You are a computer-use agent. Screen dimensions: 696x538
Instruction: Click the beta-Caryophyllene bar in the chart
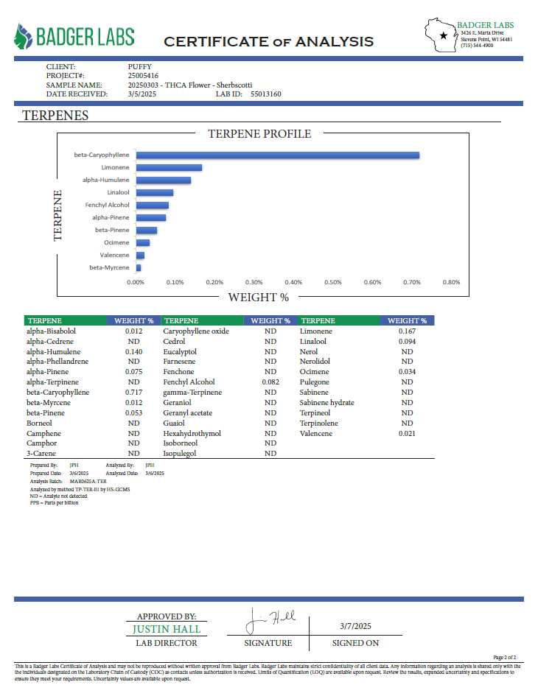277,155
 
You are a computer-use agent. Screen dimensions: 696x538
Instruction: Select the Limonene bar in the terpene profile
169,168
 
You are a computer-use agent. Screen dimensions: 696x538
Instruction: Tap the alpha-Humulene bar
163,180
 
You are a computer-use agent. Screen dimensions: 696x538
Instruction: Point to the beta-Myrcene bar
139,268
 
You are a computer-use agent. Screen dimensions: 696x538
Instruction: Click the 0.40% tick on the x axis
293,282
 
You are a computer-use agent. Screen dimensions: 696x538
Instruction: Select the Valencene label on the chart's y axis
114,255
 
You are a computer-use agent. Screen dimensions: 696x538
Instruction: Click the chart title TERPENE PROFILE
259,134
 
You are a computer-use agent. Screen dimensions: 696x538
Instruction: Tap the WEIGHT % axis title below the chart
258,298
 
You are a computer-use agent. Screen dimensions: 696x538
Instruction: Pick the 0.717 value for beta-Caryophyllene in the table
133,393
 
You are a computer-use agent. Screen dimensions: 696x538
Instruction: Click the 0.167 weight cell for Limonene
407,331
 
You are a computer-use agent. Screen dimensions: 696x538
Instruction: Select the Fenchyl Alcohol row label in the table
189,382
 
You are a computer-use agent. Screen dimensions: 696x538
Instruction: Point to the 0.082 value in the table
270,382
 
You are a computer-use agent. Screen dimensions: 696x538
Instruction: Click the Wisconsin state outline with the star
442,35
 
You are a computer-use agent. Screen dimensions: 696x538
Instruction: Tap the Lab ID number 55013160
266,94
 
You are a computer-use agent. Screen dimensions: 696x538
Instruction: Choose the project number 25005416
143,75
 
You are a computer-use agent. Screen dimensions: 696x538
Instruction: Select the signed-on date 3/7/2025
355,625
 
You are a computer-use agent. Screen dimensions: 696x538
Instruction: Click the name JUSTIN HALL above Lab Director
167,630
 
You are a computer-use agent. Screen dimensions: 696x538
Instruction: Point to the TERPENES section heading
55,116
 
